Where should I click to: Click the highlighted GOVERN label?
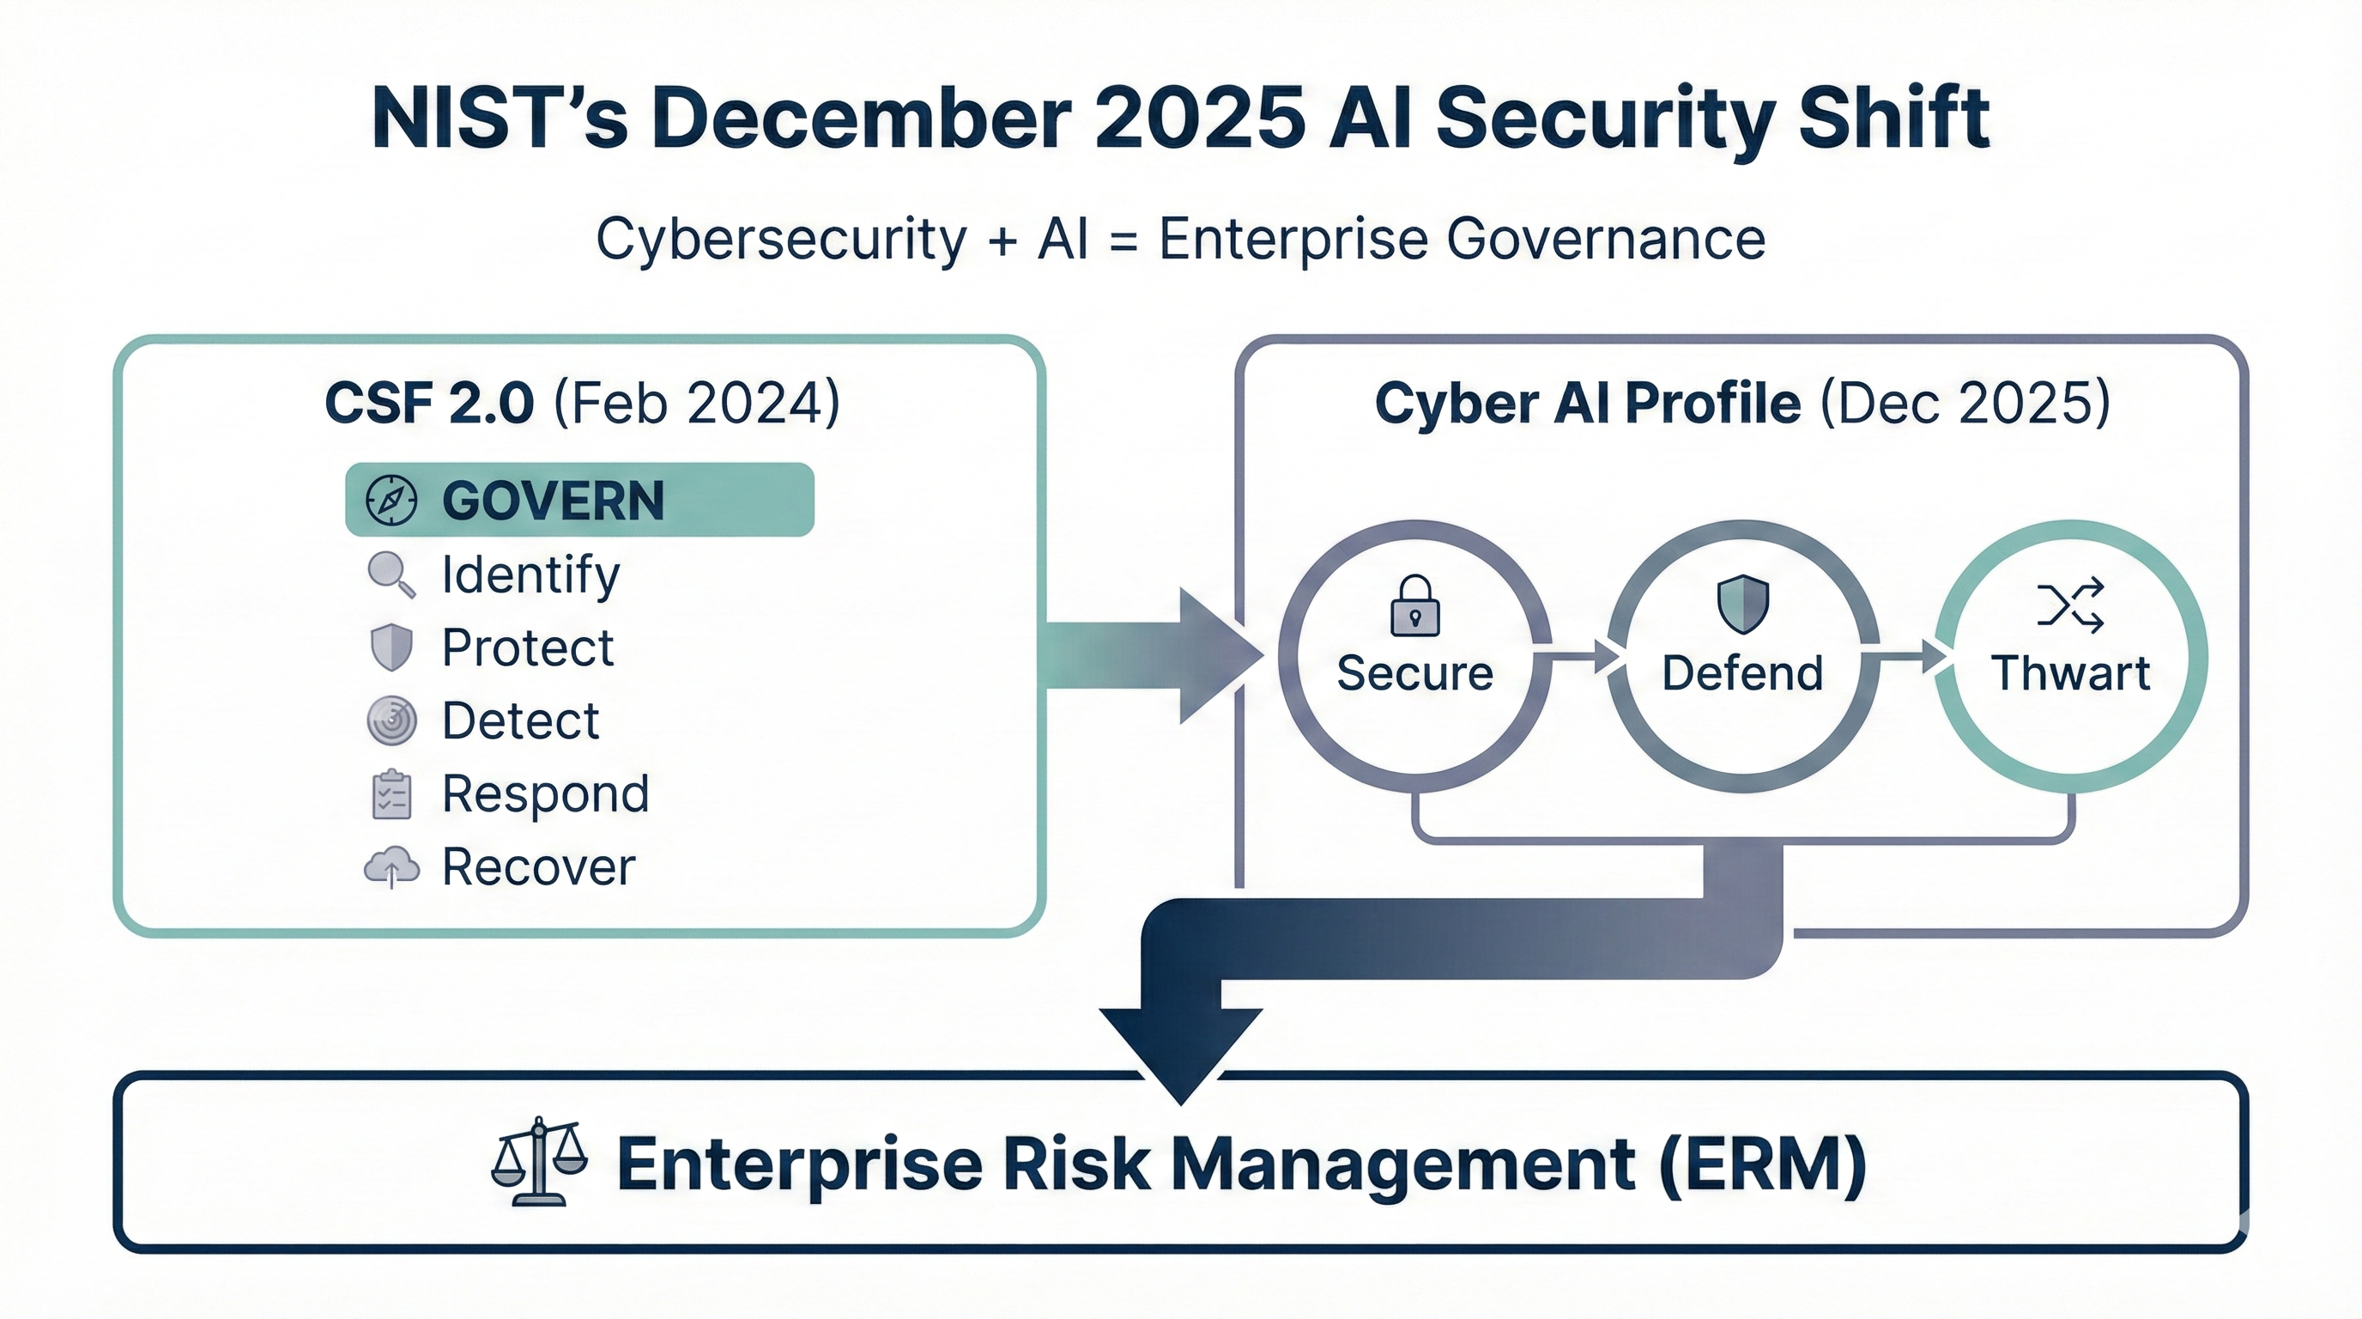pos(553,501)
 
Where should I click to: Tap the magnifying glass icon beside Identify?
pos(391,574)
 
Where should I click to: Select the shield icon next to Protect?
pos(391,647)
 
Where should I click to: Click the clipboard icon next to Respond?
pos(391,793)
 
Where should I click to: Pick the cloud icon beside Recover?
pos(391,866)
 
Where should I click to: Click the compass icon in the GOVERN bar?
pos(391,501)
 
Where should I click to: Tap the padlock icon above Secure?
pos(1414,605)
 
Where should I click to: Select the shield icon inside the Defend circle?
pos(1742,605)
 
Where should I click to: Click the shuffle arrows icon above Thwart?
pos(2070,605)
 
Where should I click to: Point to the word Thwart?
pos(2070,673)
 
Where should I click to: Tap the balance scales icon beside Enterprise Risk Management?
pos(539,1161)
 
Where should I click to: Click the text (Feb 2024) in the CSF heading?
pos(697,403)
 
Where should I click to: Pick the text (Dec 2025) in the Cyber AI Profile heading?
pos(1965,403)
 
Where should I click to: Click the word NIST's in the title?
pos(500,119)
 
